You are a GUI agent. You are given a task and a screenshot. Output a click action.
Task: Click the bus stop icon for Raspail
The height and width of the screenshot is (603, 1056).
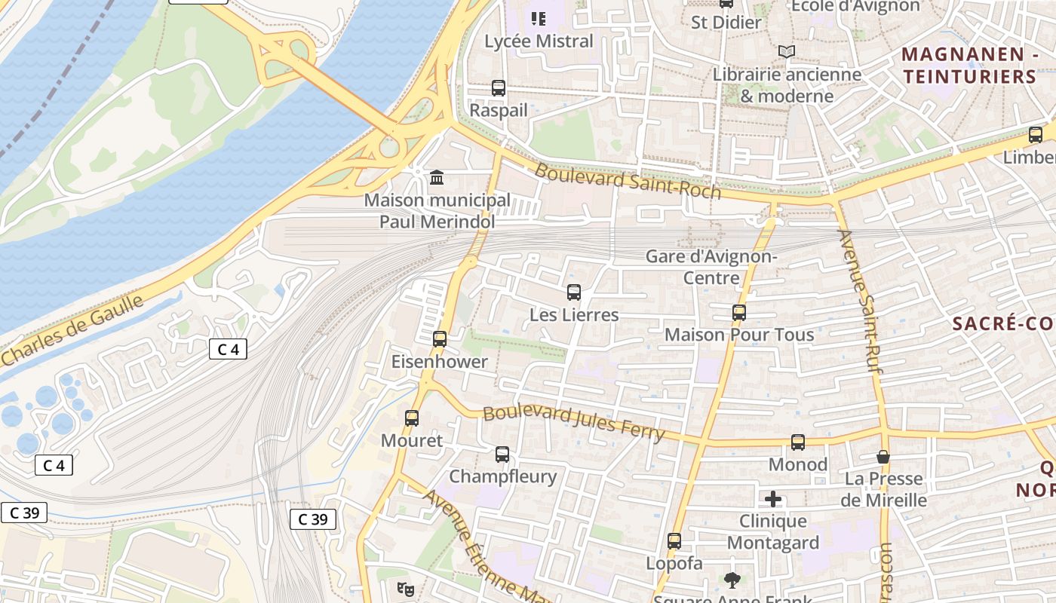[x=499, y=88]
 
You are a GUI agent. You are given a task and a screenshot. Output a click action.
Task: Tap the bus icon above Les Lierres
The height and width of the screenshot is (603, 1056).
[x=574, y=292]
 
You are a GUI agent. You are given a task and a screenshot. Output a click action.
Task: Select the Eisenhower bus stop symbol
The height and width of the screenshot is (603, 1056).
[x=440, y=339]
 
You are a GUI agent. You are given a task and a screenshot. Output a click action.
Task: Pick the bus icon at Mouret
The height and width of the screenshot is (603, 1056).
[x=412, y=418]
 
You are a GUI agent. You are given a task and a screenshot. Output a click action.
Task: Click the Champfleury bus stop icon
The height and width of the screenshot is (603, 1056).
[x=502, y=455]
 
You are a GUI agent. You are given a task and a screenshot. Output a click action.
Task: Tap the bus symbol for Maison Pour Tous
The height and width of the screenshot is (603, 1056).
[x=739, y=313]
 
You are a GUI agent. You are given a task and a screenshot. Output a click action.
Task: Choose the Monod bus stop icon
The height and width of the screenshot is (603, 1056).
[x=798, y=442]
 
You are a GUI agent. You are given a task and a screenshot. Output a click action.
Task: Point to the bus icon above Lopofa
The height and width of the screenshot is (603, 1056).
[x=674, y=541]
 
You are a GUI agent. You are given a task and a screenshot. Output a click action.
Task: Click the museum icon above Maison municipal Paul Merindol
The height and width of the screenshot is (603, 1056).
[x=437, y=178]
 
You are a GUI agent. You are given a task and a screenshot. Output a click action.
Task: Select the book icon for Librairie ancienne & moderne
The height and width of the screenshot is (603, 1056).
[x=787, y=52]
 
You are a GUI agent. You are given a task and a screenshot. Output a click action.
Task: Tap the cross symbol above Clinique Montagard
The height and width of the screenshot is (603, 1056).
[x=773, y=499]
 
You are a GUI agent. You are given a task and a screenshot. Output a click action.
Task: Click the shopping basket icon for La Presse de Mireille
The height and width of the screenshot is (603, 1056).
[x=883, y=457]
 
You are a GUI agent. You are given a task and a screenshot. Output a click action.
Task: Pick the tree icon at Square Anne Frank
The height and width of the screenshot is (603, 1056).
[x=731, y=580]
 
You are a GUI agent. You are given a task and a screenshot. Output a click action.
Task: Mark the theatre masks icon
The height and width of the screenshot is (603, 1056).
[x=406, y=589]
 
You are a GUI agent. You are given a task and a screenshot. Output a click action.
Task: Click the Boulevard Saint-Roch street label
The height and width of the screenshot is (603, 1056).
[x=628, y=181]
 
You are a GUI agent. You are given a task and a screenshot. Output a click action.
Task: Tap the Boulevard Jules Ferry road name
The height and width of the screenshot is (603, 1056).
[x=574, y=424]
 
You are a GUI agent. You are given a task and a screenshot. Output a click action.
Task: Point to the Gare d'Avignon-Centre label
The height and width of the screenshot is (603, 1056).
[x=711, y=267]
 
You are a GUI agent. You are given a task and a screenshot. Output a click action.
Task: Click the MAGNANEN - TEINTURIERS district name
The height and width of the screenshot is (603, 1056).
[x=970, y=65]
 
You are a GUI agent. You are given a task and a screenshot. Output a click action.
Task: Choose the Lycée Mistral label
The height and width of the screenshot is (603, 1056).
[x=539, y=41]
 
